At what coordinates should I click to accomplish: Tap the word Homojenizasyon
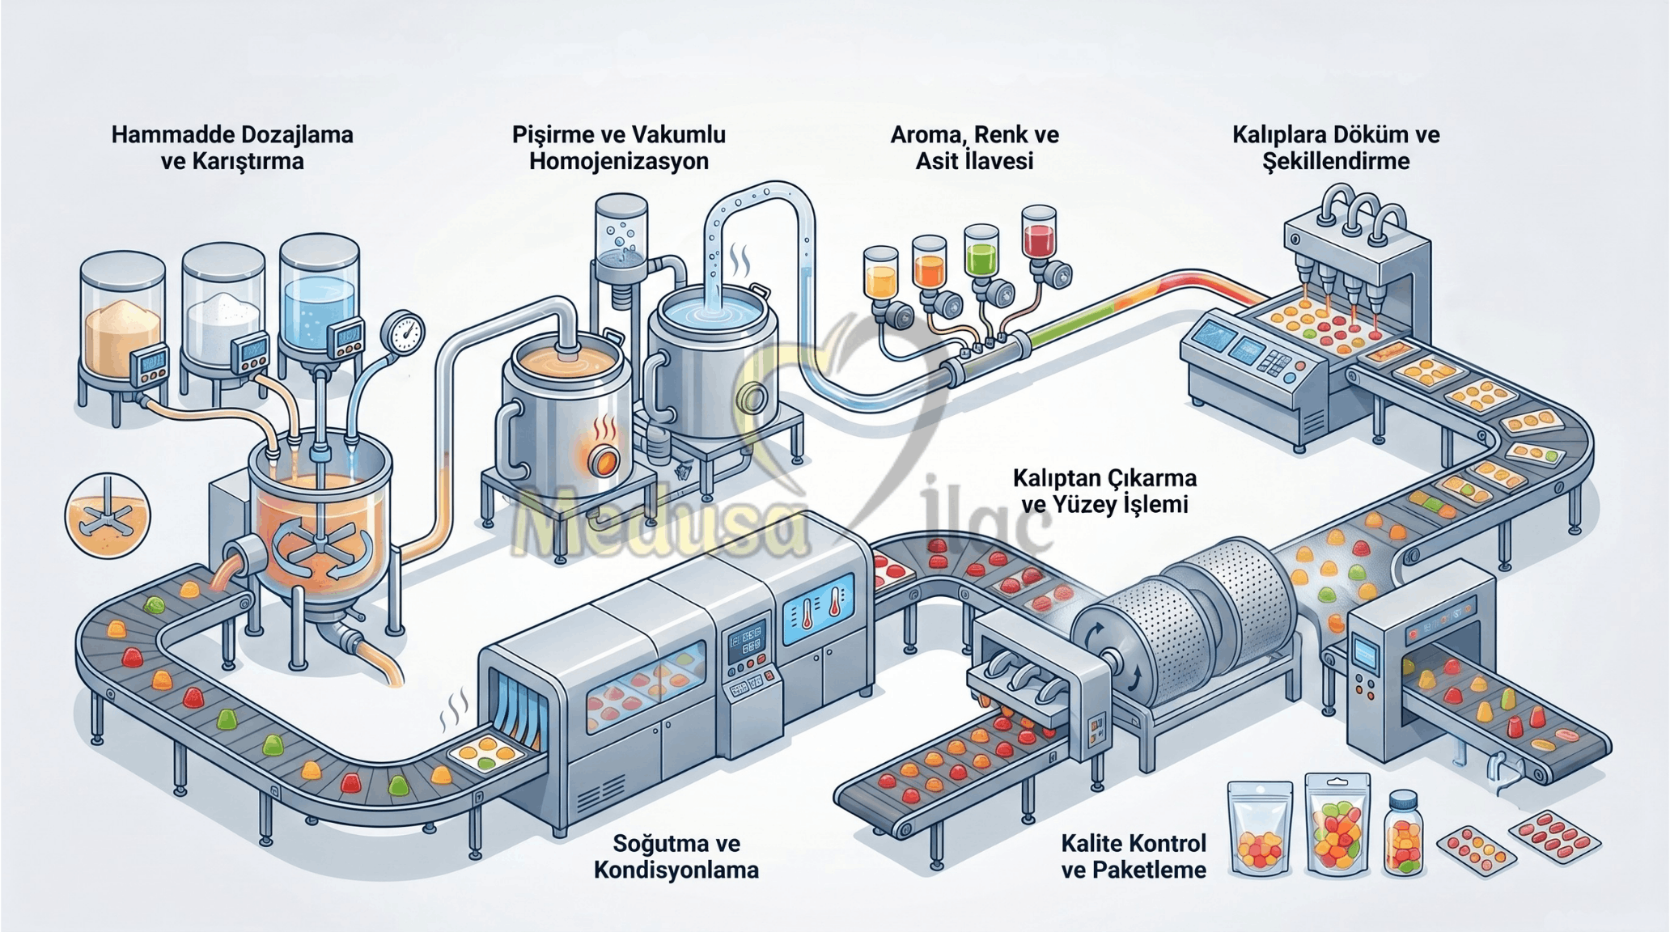(x=619, y=161)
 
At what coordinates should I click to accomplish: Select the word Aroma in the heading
(x=925, y=134)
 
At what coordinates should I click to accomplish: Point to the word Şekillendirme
(x=1336, y=161)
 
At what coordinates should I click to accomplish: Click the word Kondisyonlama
(x=676, y=871)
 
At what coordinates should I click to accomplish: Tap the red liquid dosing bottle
(x=1038, y=232)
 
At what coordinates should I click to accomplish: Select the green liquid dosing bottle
(x=981, y=251)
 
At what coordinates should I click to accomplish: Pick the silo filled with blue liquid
(x=319, y=295)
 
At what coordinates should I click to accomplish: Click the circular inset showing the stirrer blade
(x=108, y=516)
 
